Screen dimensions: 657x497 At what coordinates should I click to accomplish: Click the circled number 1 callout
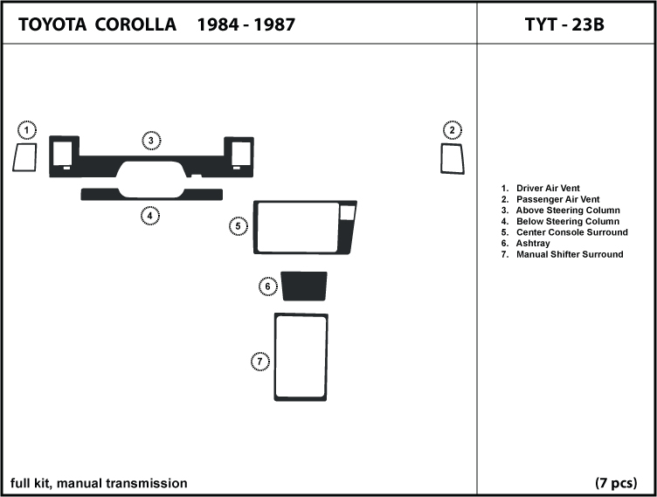click(27, 130)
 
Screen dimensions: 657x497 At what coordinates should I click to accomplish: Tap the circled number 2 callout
click(452, 130)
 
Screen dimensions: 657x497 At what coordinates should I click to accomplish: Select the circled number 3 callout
click(151, 141)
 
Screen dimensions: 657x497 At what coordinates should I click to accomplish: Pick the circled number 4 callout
click(150, 216)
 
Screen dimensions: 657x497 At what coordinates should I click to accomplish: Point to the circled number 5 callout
click(238, 226)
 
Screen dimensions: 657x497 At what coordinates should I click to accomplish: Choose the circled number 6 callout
click(267, 286)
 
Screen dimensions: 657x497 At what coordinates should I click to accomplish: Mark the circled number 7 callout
click(259, 362)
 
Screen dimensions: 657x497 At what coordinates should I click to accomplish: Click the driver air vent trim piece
click(24, 157)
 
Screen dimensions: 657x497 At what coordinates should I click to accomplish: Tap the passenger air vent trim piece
click(453, 159)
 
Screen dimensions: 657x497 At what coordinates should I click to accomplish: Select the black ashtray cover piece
click(304, 286)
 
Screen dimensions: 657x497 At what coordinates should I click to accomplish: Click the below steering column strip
click(152, 194)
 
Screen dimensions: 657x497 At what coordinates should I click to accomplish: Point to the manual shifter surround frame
click(301, 356)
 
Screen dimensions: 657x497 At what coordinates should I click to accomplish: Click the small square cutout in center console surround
click(348, 212)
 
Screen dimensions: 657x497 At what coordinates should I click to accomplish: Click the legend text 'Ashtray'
click(533, 244)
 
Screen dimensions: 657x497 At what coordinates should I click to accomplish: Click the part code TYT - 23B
click(564, 24)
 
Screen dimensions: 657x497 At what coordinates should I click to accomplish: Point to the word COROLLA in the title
click(135, 24)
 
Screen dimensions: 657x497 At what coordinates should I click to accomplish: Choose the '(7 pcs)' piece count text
click(616, 483)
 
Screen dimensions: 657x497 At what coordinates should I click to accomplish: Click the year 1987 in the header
click(274, 24)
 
